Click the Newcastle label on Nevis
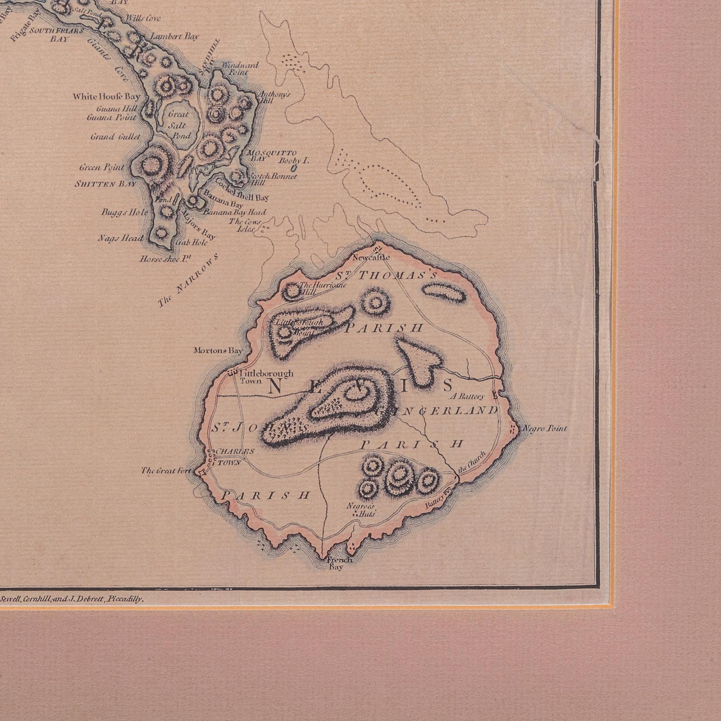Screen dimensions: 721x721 [370, 258]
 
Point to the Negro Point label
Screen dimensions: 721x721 [543, 429]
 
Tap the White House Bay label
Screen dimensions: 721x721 [106, 96]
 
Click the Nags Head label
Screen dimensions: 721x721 [121, 238]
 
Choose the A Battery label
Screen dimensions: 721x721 [467, 397]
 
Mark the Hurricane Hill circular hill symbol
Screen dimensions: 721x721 [292, 292]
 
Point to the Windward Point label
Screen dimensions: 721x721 [240, 68]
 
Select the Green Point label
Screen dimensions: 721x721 [102, 168]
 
